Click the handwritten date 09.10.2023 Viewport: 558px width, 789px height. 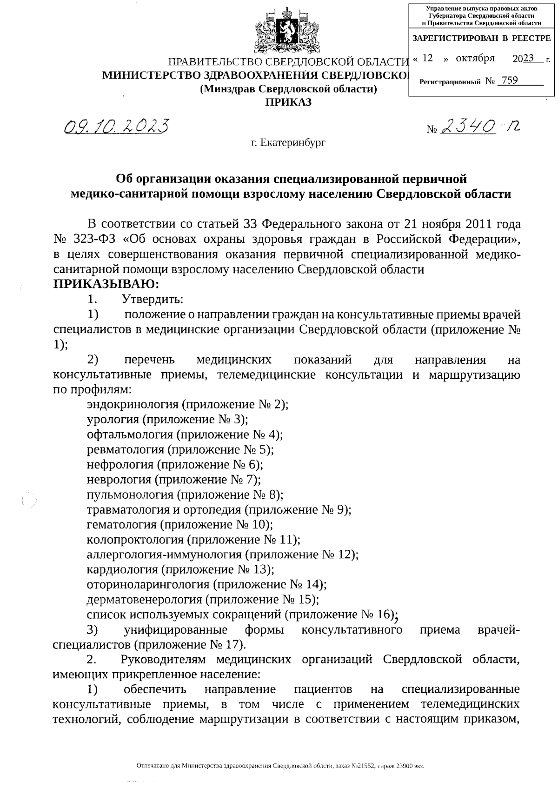(x=116, y=126)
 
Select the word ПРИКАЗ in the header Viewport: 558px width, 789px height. (x=288, y=102)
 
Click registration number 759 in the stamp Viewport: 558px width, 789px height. (x=510, y=80)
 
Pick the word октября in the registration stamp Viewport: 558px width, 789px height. (x=475, y=58)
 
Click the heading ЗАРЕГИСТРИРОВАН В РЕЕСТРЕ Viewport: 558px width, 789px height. (x=481, y=39)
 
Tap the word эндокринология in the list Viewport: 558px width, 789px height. (x=133, y=404)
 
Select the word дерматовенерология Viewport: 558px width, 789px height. (x=145, y=599)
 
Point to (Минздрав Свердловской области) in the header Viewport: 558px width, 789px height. (x=288, y=89)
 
